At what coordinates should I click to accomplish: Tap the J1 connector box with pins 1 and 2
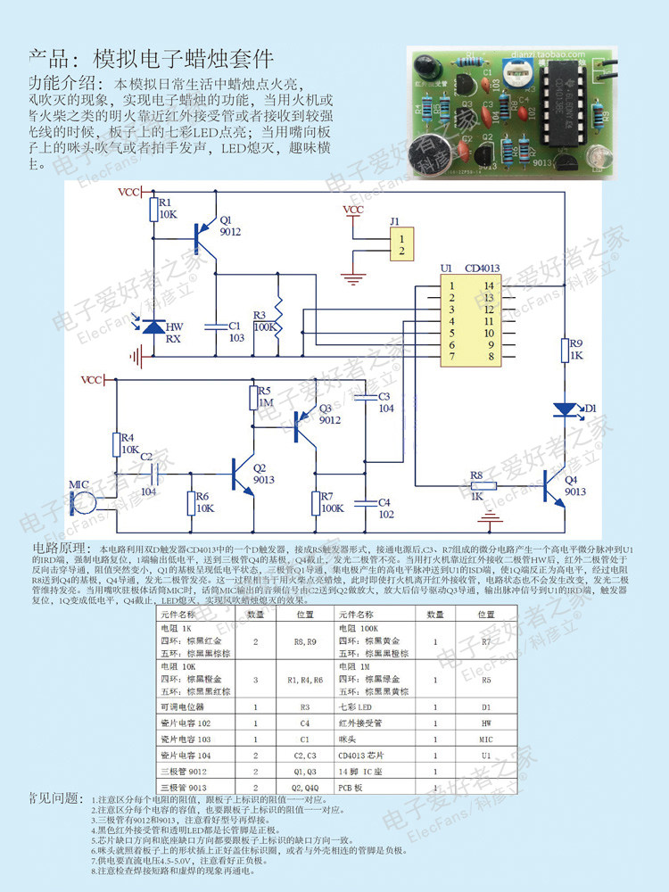[402, 244]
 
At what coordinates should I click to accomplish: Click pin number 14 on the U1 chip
[488, 285]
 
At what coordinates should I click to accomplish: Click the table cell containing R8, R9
[305, 640]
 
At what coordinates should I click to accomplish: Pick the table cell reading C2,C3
[305, 756]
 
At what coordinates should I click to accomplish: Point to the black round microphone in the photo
[425, 161]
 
